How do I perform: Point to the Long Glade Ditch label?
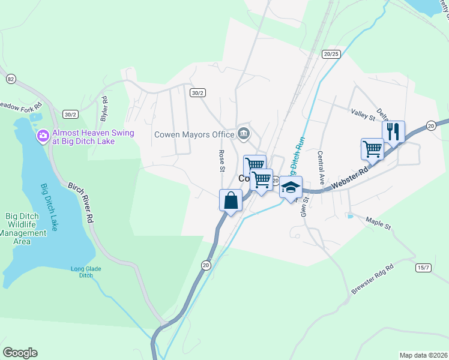click(82, 272)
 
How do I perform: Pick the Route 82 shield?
click(10, 79)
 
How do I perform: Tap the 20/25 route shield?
click(331, 53)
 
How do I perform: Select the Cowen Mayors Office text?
click(194, 134)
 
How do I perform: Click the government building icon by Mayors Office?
click(244, 133)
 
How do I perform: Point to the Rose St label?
click(221, 160)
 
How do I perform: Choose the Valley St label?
click(363, 114)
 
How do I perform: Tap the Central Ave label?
click(322, 167)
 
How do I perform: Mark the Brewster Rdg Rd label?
click(372, 279)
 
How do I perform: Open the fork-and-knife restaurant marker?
click(393, 131)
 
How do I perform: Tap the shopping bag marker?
click(231, 200)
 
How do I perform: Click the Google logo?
click(20, 353)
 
